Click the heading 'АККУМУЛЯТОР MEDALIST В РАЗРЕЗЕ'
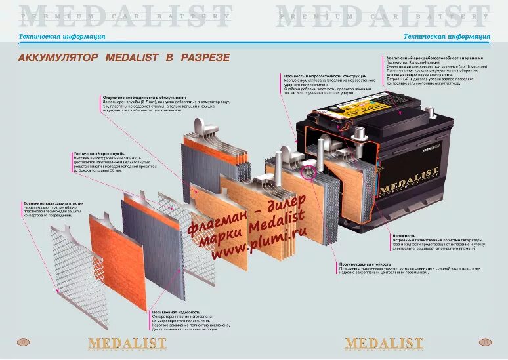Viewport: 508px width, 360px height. click(x=123, y=58)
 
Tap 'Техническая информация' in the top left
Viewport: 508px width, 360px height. click(x=53, y=37)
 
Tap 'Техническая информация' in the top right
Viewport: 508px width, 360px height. click(x=446, y=37)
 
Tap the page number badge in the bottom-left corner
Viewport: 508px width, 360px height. click(x=22, y=342)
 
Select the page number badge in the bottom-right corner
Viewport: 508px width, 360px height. click(x=486, y=342)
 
